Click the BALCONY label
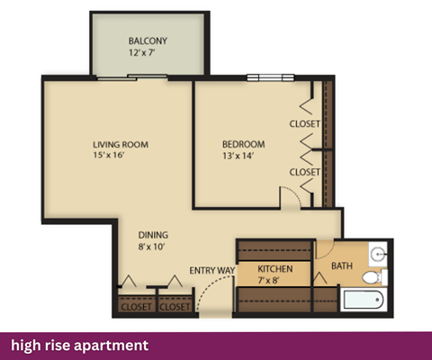(x=148, y=41)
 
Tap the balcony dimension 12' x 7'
(x=148, y=54)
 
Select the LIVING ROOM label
(x=120, y=144)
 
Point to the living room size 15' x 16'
(x=120, y=157)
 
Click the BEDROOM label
(x=244, y=144)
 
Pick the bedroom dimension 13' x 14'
(x=244, y=157)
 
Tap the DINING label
(x=153, y=235)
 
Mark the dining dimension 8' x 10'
(x=153, y=247)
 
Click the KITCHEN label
(x=274, y=269)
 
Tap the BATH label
(x=342, y=265)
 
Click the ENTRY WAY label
(x=212, y=269)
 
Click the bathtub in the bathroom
(x=363, y=301)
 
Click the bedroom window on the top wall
(x=265, y=76)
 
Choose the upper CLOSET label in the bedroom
(x=305, y=123)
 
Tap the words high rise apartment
(x=79, y=345)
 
